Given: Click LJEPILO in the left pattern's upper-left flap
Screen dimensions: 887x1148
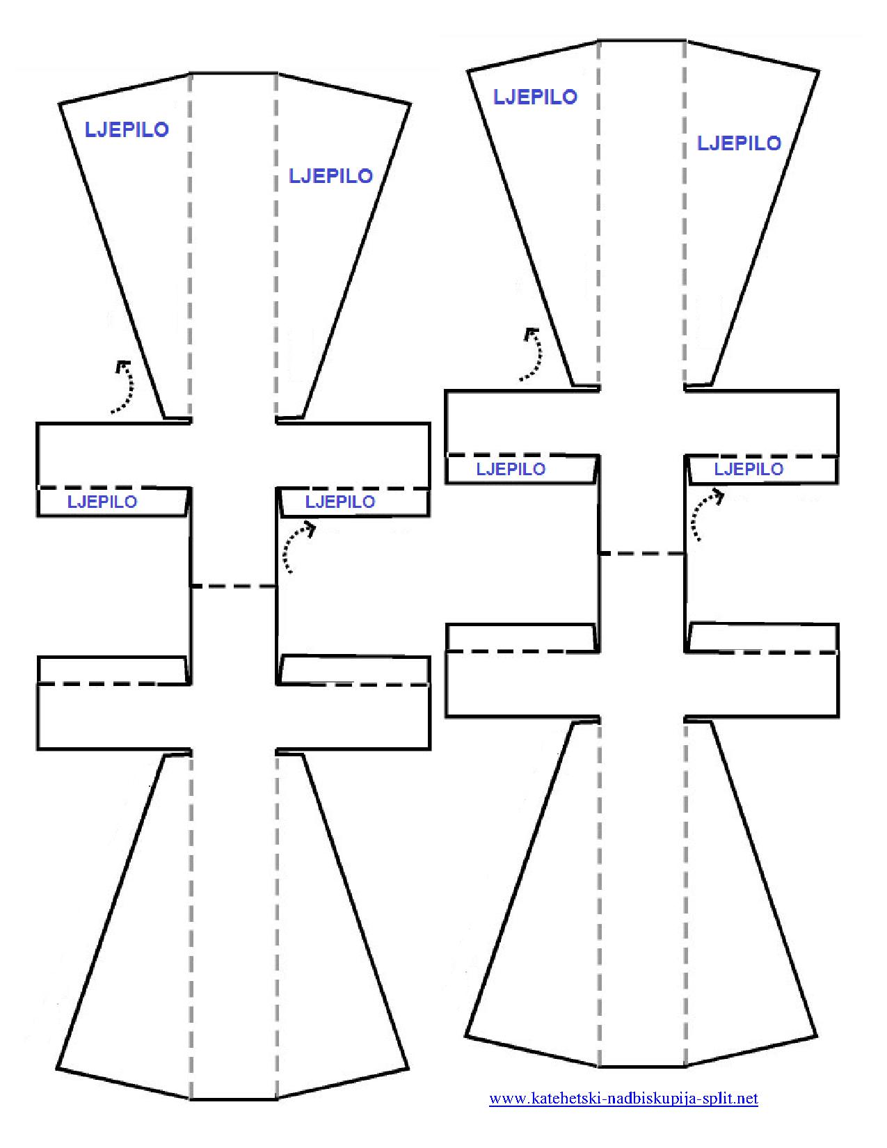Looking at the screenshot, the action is pyautogui.click(x=127, y=129).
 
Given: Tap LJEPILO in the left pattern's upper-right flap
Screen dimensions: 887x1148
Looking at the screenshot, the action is pyautogui.click(x=330, y=176).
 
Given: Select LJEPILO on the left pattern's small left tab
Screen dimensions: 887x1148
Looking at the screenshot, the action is pyautogui.click(x=102, y=502).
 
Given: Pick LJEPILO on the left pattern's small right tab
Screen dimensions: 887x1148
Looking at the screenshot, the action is pyautogui.click(x=340, y=502).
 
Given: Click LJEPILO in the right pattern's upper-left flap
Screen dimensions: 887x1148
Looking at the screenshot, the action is pyautogui.click(x=535, y=97).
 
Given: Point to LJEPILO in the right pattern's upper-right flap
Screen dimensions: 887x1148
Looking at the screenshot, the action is pyautogui.click(x=739, y=143).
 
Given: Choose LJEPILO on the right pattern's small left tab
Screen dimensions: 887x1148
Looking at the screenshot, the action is pyautogui.click(x=511, y=469).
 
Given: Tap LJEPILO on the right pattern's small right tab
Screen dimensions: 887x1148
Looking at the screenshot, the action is pyautogui.click(x=749, y=469).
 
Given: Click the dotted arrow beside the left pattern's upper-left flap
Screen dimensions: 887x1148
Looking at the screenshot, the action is pyautogui.click(x=129, y=388).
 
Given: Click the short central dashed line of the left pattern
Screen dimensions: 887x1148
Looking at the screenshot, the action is pyautogui.click(x=233, y=586).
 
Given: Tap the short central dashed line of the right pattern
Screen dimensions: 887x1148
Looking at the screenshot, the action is pyautogui.click(x=642, y=553).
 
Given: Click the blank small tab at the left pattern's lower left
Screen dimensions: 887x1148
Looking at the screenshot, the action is pyautogui.click(x=113, y=671).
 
